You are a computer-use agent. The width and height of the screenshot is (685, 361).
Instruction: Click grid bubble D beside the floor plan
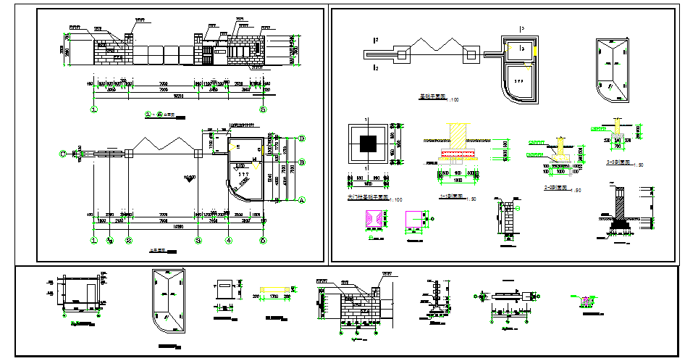[302, 138]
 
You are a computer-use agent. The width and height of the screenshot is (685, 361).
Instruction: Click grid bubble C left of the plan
[64, 153]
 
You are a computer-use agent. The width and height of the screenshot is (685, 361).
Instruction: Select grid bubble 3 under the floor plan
[198, 240]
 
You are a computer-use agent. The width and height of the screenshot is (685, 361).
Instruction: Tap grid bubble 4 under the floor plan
[229, 240]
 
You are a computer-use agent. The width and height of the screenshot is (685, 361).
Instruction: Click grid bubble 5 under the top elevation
[263, 110]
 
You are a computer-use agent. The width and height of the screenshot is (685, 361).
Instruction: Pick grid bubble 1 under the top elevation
[94, 110]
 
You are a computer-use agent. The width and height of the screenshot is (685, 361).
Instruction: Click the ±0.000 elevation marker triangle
[190, 183]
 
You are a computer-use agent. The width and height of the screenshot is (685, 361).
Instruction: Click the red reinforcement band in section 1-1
[458, 154]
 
